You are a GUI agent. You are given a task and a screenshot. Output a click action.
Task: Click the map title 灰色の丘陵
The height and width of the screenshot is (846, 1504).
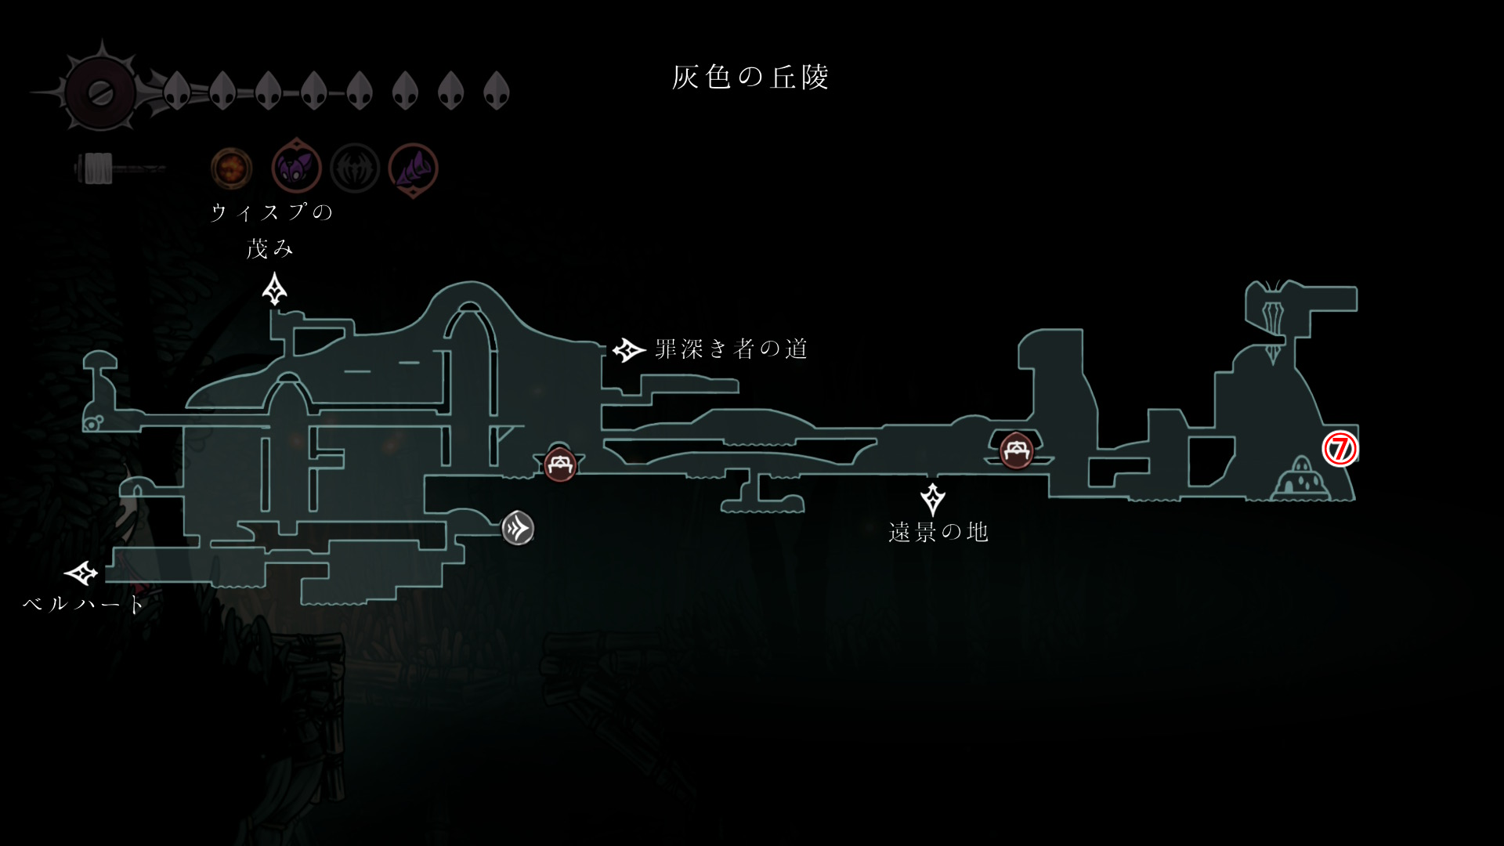pyautogui.click(x=750, y=77)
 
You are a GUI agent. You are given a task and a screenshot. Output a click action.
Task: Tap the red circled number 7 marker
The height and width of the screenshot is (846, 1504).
pyautogui.click(x=1339, y=449)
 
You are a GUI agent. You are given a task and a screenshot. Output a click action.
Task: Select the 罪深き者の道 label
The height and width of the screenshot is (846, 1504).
pyautogui.click(x=731, y=349)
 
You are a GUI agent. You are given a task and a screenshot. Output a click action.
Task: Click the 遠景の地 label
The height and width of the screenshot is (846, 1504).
pyautogui.click(x=938, y=533)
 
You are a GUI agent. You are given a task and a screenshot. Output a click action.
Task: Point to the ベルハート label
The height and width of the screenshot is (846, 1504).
pyautogui.click(x=84, y=604)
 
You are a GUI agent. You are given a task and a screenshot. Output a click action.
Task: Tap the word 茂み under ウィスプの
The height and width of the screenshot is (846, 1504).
pyautogui.click(x=269, y=249)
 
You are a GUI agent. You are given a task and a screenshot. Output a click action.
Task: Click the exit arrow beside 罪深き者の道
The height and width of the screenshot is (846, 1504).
pyautogui.click(x=628, y=349)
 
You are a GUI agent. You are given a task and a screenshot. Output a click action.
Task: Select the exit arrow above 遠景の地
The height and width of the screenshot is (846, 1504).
pyautogui.click(x=933, y=499)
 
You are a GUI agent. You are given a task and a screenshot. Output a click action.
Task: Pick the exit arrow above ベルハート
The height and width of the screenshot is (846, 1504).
pyautogui.click(x=81, y=573)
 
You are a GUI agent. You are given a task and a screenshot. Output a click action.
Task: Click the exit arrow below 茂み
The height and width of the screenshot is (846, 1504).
pyautogui.click(x=274, y=289)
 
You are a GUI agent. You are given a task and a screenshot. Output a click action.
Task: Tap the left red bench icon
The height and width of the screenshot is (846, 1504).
pyautogui.click(x=560, y=465)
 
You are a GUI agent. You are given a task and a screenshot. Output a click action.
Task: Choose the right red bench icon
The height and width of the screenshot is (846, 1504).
pyautogui.click(x=1016, y=450)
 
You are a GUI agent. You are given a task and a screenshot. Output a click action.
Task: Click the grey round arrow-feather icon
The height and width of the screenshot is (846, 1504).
pyautogui.click(x=518, y=529)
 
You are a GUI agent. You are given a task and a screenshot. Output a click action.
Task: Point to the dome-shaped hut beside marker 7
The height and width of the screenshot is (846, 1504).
pyautogui.click(x=1301, y=480)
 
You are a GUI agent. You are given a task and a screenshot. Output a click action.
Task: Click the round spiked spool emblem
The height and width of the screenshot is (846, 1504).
pyautogui.click(x=101, y=92)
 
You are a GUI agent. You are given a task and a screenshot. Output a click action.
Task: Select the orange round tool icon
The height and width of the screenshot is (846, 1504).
pyautogui.click(x=232, y=168)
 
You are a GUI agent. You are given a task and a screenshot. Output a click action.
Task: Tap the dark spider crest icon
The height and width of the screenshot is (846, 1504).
pyautogui.click(x=355, y=168)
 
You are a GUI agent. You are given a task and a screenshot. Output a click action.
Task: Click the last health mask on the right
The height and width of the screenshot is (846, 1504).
pyautogui.click(x=497, y=91)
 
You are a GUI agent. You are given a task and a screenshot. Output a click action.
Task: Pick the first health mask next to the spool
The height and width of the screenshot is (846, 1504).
pyautogui.click(x=177, y=91)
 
